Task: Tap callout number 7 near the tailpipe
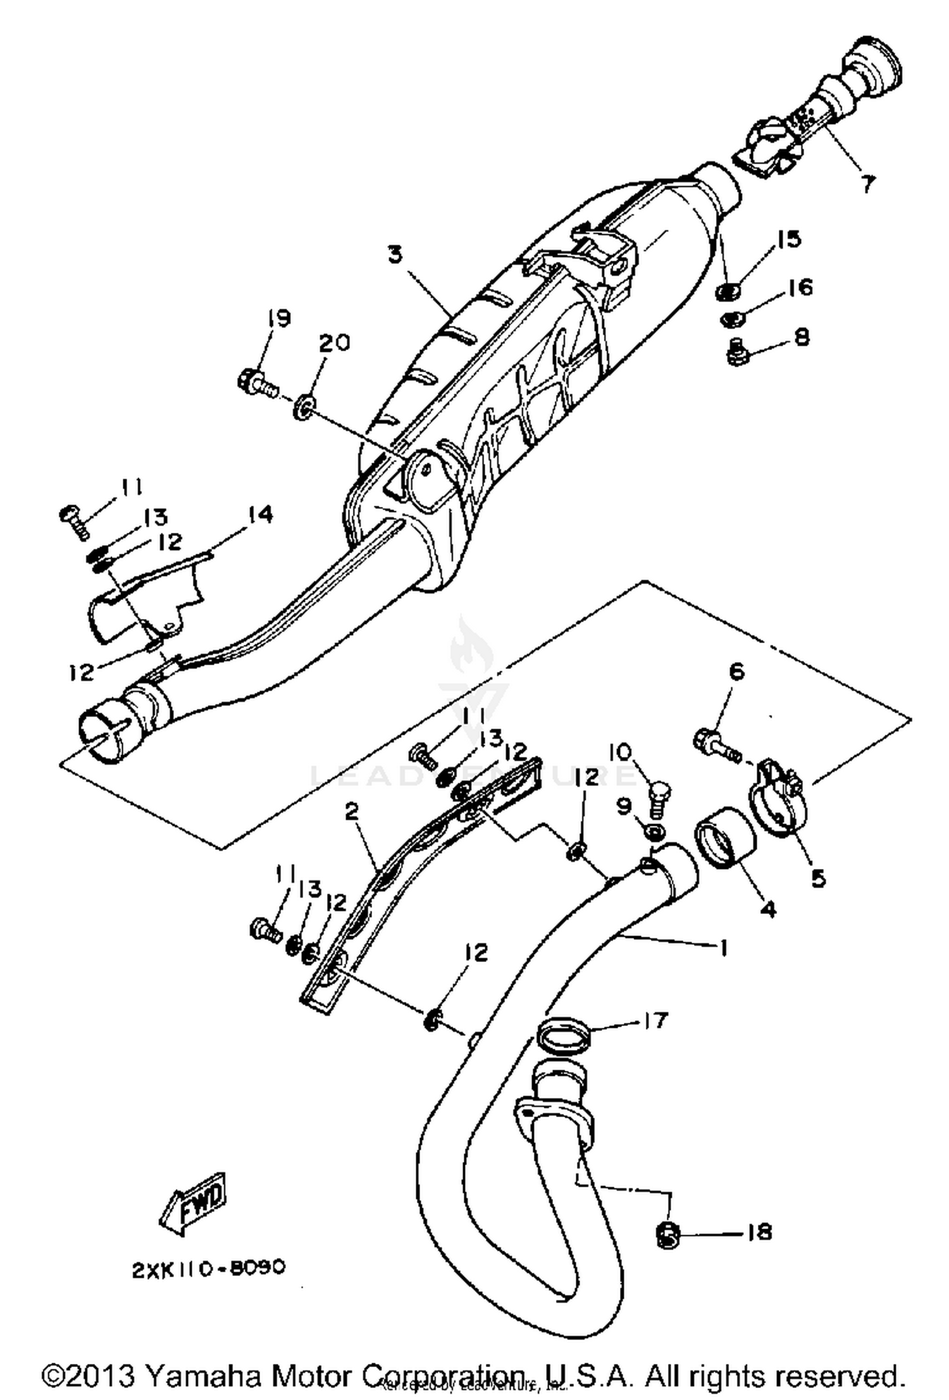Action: pyautogui.click(x=868, y=184)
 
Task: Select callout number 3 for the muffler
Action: pyautogui.click(x=395, y=255)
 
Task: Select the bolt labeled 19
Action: pyautogui.click(x=258, y=383)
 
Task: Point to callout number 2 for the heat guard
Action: pyautogui.click(x=352, y=811)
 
